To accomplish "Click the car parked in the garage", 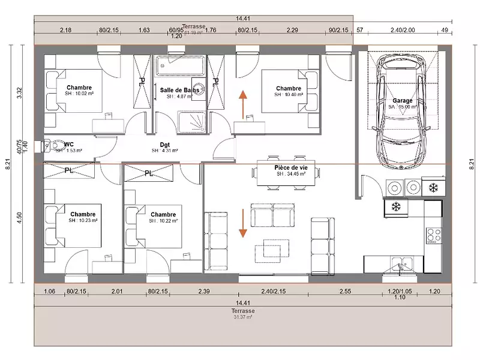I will point(401,114).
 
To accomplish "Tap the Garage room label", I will point(402,101).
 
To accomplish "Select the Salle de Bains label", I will point(179,90).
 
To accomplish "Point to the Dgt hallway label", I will point(165,144).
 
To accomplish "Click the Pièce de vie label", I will point(290,167).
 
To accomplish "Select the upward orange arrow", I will point(242,104).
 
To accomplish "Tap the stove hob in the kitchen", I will point(433,235).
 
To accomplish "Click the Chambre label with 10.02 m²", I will point(79,88).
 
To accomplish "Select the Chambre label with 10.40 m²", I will point(289,88).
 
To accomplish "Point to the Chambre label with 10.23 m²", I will point(83,214).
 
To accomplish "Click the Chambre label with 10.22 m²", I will point(163,215).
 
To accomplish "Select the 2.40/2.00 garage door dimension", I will point(402,29).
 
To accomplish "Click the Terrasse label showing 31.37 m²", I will point(243,311).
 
